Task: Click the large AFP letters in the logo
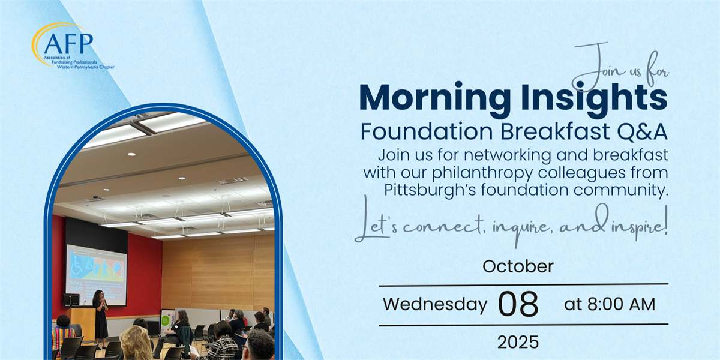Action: click(x=68, y=44)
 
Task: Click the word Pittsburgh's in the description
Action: click(x=430, y=190)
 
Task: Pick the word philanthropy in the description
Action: click(x=482, y=173)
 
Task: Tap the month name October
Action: click(x=518, y=266)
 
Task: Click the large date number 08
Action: click(x=518, y=304)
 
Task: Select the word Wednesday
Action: click(x=435, y=304)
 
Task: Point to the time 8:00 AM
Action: click(x=622, y=304)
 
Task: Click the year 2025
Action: click(x=518, y=342)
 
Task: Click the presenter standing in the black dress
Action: click(x=101, y=319)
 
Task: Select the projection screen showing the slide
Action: click(x=97, y=275)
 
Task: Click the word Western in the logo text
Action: click(x=65, y=67)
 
